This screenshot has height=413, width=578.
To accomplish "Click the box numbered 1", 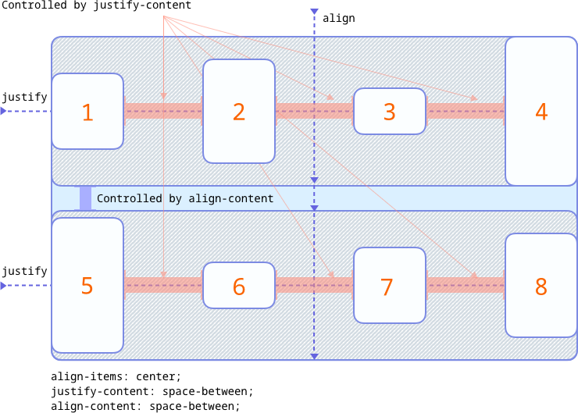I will [87, 112].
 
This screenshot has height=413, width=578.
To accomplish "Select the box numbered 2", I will [238, 112].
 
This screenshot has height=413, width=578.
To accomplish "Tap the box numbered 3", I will [389, 112].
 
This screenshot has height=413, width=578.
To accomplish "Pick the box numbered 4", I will [541, 112].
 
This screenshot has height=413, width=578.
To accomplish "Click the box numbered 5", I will [87, 286].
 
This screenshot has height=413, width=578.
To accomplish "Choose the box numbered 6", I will [238, 287].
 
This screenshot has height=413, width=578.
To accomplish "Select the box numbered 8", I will [541, 286].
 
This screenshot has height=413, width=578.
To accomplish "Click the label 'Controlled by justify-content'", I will [95, 6].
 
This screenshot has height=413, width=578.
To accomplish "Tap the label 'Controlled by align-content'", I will [185, 198].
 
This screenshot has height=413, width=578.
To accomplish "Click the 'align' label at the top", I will [338, 17].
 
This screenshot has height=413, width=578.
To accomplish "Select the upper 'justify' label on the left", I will [23, 97].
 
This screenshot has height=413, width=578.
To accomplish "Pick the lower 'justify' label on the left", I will [23, 271].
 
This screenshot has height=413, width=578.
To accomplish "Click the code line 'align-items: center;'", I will [116, 376].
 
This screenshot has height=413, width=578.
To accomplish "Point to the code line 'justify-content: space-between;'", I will [152, 391].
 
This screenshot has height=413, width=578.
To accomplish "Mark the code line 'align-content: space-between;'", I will [145, 406].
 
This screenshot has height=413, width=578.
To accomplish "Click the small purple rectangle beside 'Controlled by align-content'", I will [85, 198].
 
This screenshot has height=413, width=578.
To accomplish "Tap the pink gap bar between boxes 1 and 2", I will [162, 112].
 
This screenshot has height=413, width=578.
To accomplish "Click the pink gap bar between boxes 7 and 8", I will [466, 286].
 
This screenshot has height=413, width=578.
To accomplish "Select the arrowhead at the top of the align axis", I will [314, 13].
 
